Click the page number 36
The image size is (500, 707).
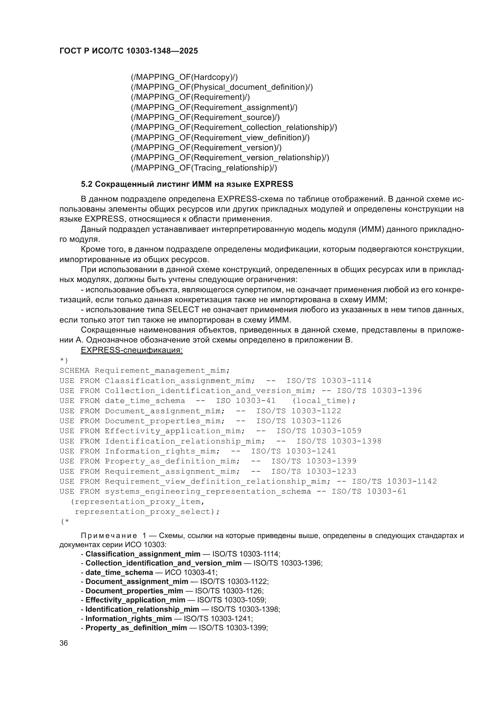[x=63, y=643]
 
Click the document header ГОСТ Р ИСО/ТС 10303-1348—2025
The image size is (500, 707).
[x=129, y=51]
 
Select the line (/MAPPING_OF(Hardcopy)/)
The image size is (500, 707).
[x=184, y=77]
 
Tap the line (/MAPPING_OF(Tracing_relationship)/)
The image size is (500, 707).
[x=204, y=168]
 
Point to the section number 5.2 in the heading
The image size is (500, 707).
[x=86, y=184]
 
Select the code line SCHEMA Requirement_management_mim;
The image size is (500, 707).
[x=145, y=371]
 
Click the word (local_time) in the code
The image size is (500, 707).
[x=324, y=401]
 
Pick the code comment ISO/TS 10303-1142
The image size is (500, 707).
[x=394, y=481]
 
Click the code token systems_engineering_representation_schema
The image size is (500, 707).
[x=208, y=491]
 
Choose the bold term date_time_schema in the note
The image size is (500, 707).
[x=119, y=572]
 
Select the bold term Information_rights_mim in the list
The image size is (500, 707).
[x=129, y=619]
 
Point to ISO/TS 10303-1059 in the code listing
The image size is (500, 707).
[x=319, y=431]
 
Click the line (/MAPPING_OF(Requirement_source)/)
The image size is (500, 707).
[x=205, y=117]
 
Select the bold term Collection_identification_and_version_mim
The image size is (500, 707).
[x=164, y=563]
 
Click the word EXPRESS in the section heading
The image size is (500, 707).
[x=273, y=184]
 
